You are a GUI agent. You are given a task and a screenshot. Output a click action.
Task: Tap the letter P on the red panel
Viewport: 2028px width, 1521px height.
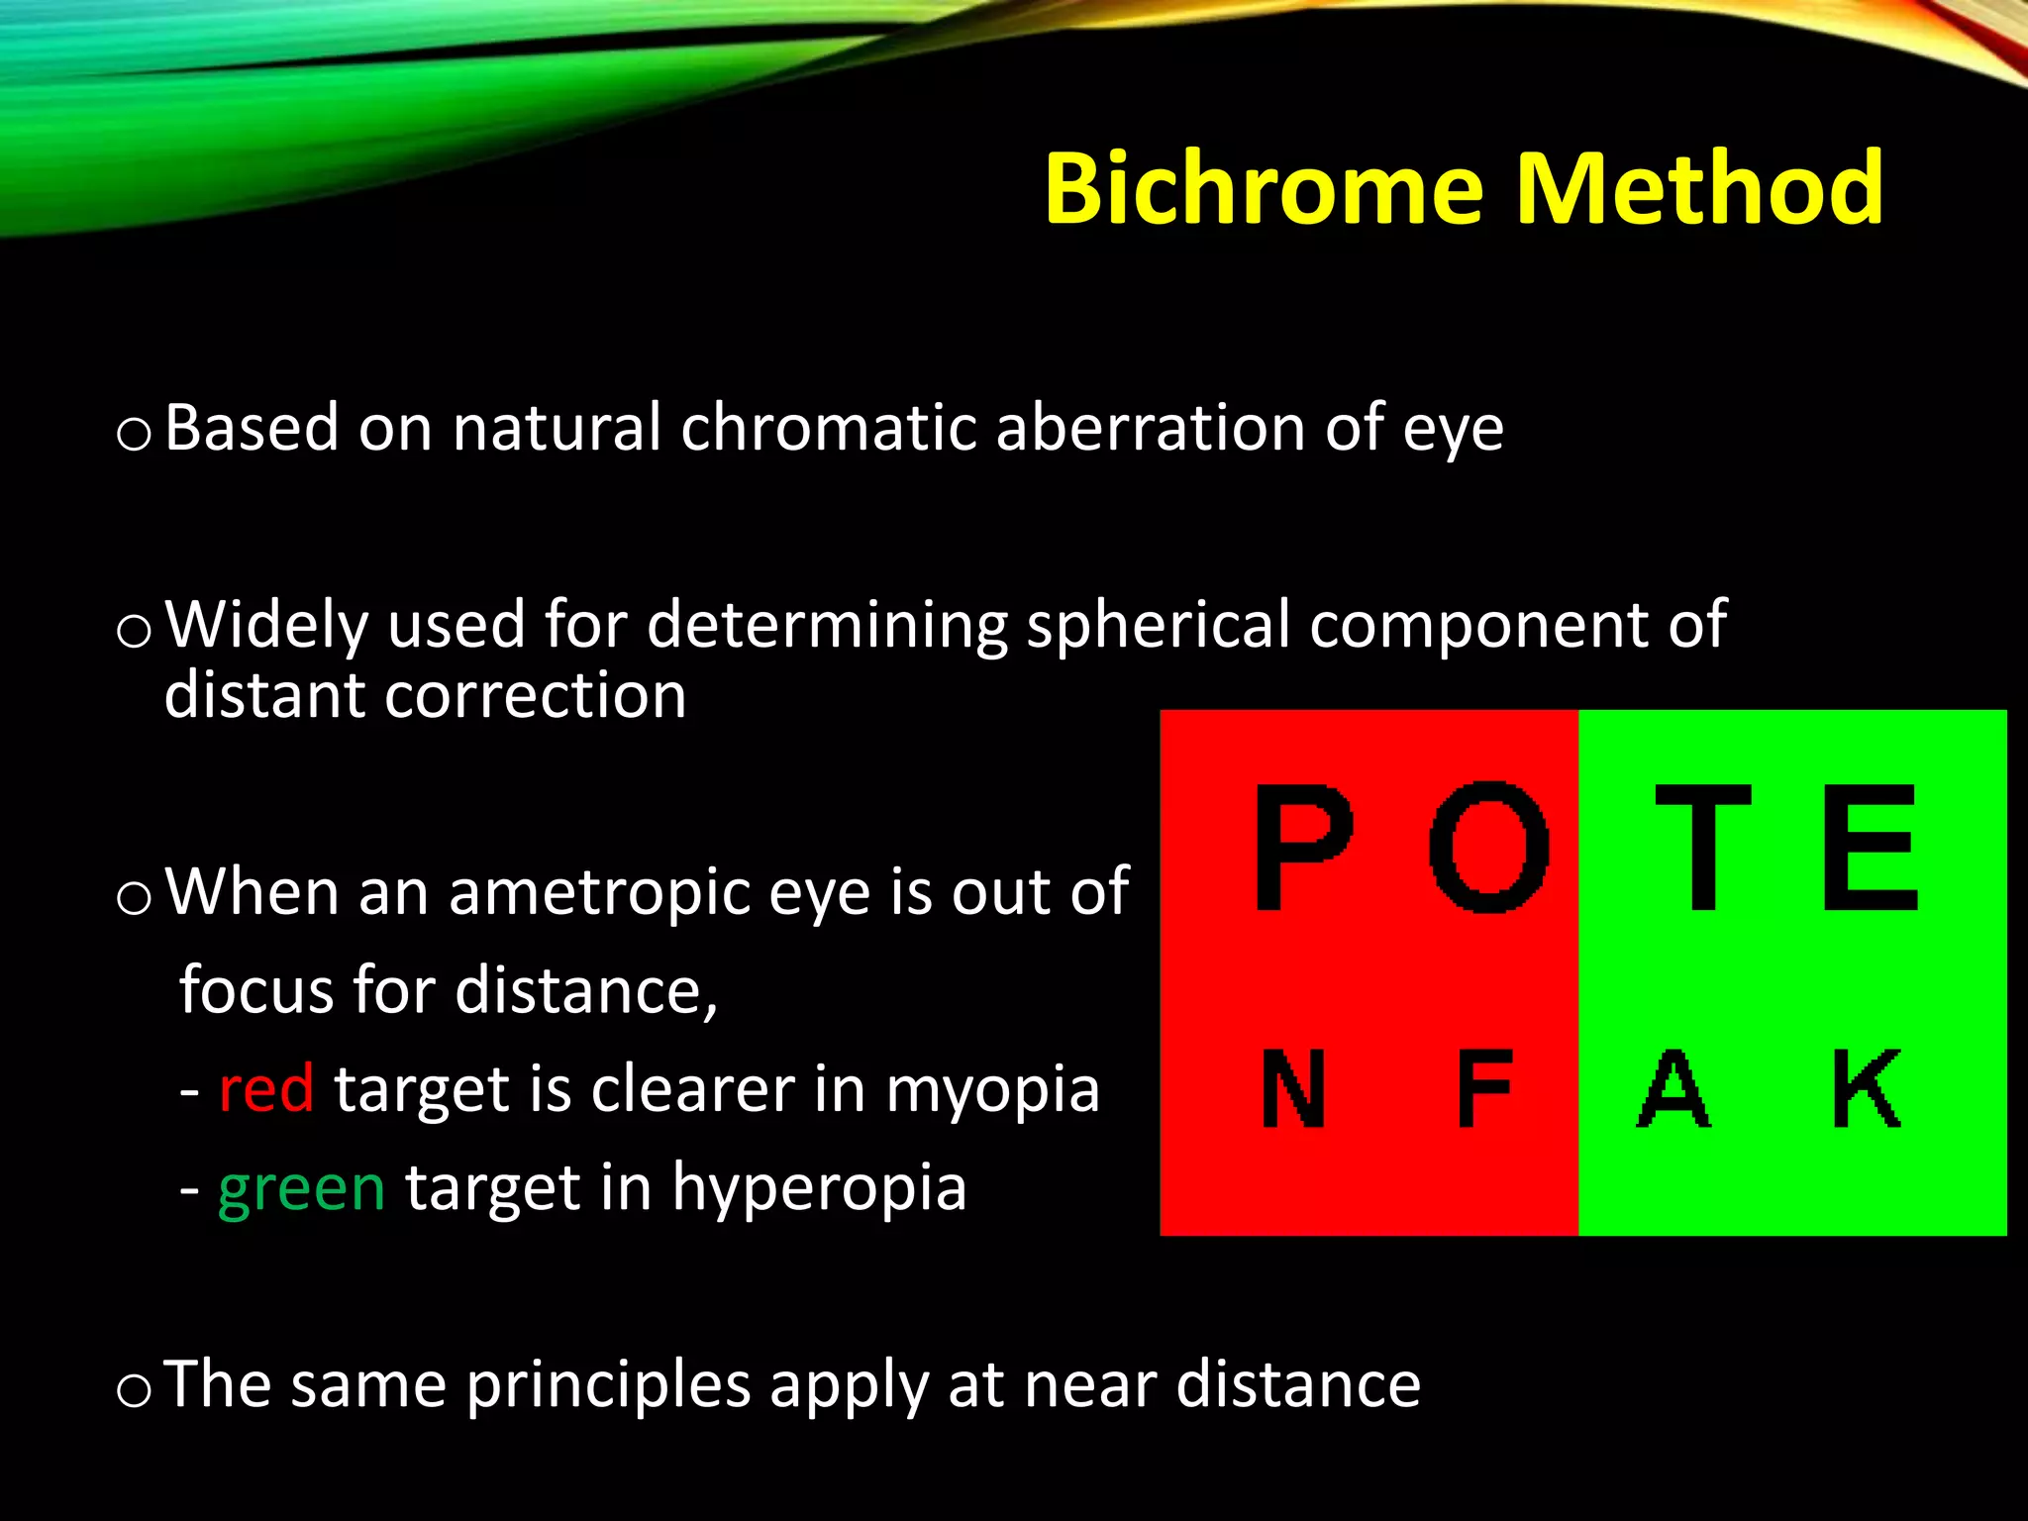pyautogui.click(x=1303, y=847)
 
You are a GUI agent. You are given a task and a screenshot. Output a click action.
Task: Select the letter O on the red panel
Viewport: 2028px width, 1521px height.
pyautogui.click(x=1488, y=847)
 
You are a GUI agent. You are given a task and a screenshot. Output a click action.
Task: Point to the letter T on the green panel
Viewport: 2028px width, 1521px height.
pyautogui.click(x=1703, y=847)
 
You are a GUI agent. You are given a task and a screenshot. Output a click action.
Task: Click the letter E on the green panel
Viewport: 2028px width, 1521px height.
pyautogui.click(x=1871, y=847)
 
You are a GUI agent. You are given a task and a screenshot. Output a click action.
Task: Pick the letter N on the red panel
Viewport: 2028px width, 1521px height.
pyautogui.click(x=1293, y=1089)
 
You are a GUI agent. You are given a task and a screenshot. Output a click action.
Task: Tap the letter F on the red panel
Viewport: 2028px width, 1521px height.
pyautogui.click(x=1485, y=1089)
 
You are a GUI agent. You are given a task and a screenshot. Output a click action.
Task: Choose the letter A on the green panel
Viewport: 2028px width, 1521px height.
pyautogui.click(x=1673, y=1089)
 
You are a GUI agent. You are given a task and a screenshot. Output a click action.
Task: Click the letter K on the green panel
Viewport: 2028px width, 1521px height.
pyautogui.click(x=1867, y=1089)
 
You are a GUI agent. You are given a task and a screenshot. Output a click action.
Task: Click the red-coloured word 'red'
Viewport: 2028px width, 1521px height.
pyautogui.click(x=265, y=1089)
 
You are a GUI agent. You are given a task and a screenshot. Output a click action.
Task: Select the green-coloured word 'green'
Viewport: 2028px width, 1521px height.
pyautogui.click(x=301, y=1188)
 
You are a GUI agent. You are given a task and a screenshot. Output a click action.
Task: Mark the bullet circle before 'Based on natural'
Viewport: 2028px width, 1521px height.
pyautogui.click(x=133, y=434)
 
